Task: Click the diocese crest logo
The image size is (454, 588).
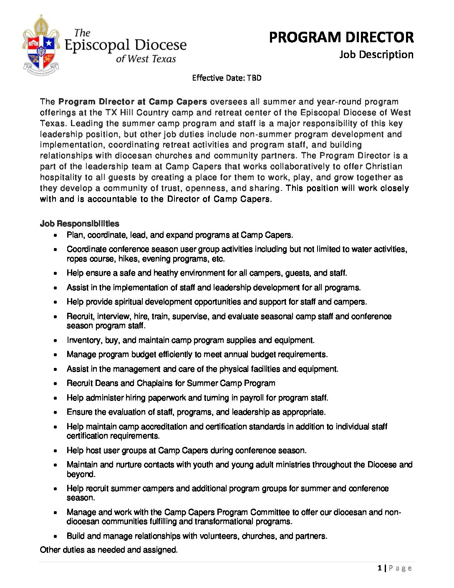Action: pyautogui.click(x=41, y=46)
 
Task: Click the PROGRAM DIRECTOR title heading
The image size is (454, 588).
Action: pyautogui.click(x=341, y=38)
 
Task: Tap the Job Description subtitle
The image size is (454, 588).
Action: pyautogui.click(x=376, y=55)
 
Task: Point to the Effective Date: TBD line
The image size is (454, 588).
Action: pyautogui.click(x=227, y=78)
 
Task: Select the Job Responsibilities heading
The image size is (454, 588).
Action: pyautogui.click(x=79, y=223)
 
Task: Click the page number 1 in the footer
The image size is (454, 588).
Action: pyautogui.click(x=379, y=568)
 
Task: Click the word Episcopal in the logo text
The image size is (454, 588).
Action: pyautogui.click(x=97, y=46)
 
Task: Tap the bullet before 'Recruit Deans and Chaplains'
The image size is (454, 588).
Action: pyautogui.click(x=55, y=384)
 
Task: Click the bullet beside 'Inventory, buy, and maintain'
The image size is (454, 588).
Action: pyautogui.click(x=55, y=341)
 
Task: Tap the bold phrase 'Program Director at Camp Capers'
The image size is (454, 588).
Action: pyautogui.click(x=133, y=102)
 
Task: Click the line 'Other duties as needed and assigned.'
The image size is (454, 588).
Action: pyautogui.click(x=108, y=550)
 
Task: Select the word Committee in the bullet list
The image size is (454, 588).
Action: pyautogui.click(x=270, y=512)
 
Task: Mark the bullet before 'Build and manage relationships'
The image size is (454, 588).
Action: pyautogui.click(x=55, y=537)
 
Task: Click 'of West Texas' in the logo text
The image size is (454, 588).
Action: pyautogui.click(x=146, y=59)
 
